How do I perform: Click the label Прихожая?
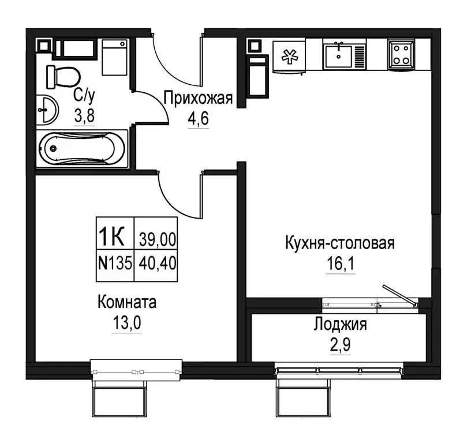click(198, 98)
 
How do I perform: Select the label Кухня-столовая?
click(339, 243)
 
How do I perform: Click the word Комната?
click(127, 302)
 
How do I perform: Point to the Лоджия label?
click(340, 324)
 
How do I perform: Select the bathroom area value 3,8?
click(84, 115)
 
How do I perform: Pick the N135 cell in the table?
click(115, 264)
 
